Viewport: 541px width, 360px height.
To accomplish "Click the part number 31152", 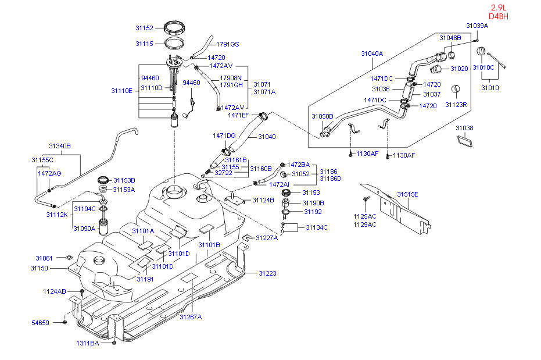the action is [144, 28].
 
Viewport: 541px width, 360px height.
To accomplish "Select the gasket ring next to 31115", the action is [174, 43].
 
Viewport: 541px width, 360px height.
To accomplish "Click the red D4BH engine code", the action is [498, 16].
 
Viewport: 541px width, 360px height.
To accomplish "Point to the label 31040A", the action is [372, 54].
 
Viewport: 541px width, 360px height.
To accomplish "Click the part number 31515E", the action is [407, 194].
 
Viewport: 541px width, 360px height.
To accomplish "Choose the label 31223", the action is [267, 273].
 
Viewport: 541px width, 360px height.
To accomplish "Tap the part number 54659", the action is [40, 323].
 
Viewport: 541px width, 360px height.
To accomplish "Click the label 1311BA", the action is [87, 343].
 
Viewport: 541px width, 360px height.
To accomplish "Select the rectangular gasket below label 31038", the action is [465, 141].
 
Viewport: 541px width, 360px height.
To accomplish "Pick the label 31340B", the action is [60, 146].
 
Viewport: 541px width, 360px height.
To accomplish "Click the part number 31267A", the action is [191, 317].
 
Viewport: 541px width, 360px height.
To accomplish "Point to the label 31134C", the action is [316, 227].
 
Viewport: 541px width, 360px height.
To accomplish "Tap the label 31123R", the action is [456, 105].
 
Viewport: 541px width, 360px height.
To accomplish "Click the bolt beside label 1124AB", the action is [82, 293].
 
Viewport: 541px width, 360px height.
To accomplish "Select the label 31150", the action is [39, 268].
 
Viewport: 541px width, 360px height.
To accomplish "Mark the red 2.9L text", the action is [498, 8].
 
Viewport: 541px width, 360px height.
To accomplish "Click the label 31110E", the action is [121, 91].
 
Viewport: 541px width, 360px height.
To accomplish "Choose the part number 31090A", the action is [84, 229].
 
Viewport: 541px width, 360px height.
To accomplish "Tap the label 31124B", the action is [263, 200].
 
